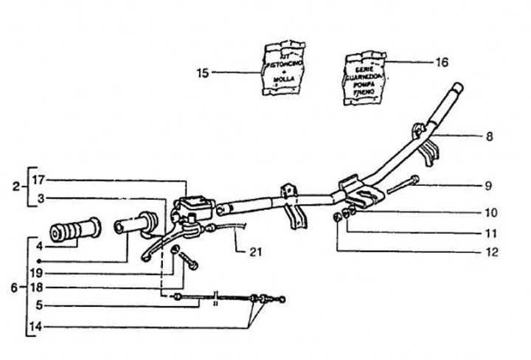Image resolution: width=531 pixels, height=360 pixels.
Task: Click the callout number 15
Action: [203, 72]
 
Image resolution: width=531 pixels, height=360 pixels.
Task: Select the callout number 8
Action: [489, 136]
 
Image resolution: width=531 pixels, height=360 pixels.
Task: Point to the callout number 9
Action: [489, 186]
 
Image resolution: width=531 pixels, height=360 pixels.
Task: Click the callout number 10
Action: [491, 212]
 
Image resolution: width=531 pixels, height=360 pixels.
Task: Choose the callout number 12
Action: [491, 252]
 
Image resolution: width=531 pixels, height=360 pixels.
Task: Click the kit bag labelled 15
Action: [286, 69]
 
